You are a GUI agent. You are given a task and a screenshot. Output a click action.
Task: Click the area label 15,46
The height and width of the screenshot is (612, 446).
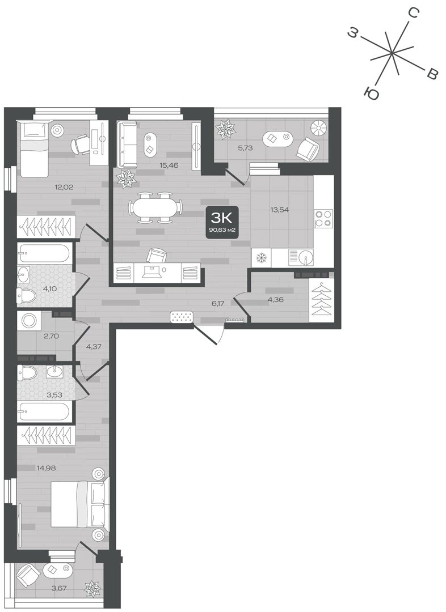[x=169, y=165]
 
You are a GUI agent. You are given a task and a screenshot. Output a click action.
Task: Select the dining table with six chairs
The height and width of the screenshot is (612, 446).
[x=155, y=207]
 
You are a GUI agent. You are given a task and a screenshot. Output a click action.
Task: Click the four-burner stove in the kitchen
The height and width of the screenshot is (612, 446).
[x=323, y=218]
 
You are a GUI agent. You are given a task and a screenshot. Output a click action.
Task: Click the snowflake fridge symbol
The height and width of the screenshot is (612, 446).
[x=260, y=258]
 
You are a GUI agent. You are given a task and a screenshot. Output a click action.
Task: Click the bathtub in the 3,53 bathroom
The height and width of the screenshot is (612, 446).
[x=44, y=411]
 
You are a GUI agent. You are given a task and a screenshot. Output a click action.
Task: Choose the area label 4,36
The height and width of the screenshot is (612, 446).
[x=276, y=300]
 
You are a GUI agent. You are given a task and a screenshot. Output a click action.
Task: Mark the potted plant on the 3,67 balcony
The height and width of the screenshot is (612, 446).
[x=93, y=588]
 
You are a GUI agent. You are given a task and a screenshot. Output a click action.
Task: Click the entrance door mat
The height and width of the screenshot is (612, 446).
[x=182, y=317]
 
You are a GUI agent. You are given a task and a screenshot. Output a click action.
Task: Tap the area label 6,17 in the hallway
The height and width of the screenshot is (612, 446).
[x=217, y=303]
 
